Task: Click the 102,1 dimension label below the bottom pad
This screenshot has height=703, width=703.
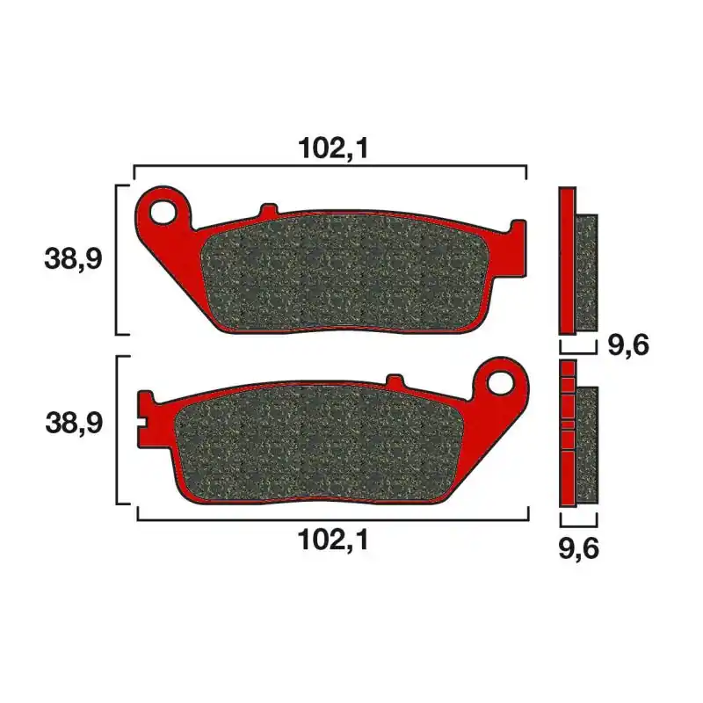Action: pos(333,540)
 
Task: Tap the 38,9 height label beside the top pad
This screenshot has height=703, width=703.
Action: pos(73,258)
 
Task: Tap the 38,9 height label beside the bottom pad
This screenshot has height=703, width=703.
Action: pos(74,423)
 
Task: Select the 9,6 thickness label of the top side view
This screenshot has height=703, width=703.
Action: pos(628,345)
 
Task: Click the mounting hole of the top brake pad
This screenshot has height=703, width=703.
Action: pos(163,212)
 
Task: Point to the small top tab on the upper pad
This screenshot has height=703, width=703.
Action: pos(269,210)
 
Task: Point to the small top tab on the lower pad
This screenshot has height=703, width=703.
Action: pos(395,380)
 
